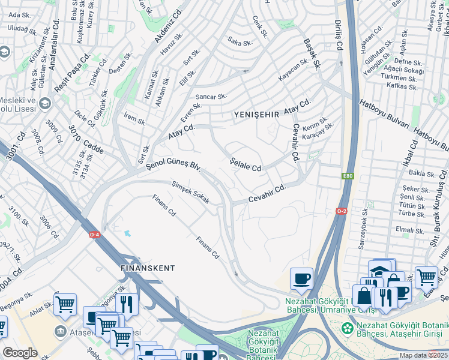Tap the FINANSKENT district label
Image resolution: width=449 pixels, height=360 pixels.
[148, 268]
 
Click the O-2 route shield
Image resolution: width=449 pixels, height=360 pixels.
[342, 211]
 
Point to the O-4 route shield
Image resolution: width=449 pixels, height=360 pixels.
[95, 235]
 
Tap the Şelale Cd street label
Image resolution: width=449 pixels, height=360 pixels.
[247, 164]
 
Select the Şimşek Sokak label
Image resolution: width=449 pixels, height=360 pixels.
[190, 192]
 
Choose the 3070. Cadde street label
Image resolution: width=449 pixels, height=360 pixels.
[86, 140]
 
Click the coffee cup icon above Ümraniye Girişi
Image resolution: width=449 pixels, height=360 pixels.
[301, 279]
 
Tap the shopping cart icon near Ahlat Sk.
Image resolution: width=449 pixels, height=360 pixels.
[65, 304]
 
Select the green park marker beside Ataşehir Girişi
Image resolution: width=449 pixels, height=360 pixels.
[346, 328]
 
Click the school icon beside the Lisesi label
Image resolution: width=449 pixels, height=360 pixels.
[44, 106]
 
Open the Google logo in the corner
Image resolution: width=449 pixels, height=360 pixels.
[20, 353]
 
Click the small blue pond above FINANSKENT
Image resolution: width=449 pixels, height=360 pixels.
[127, 233]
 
